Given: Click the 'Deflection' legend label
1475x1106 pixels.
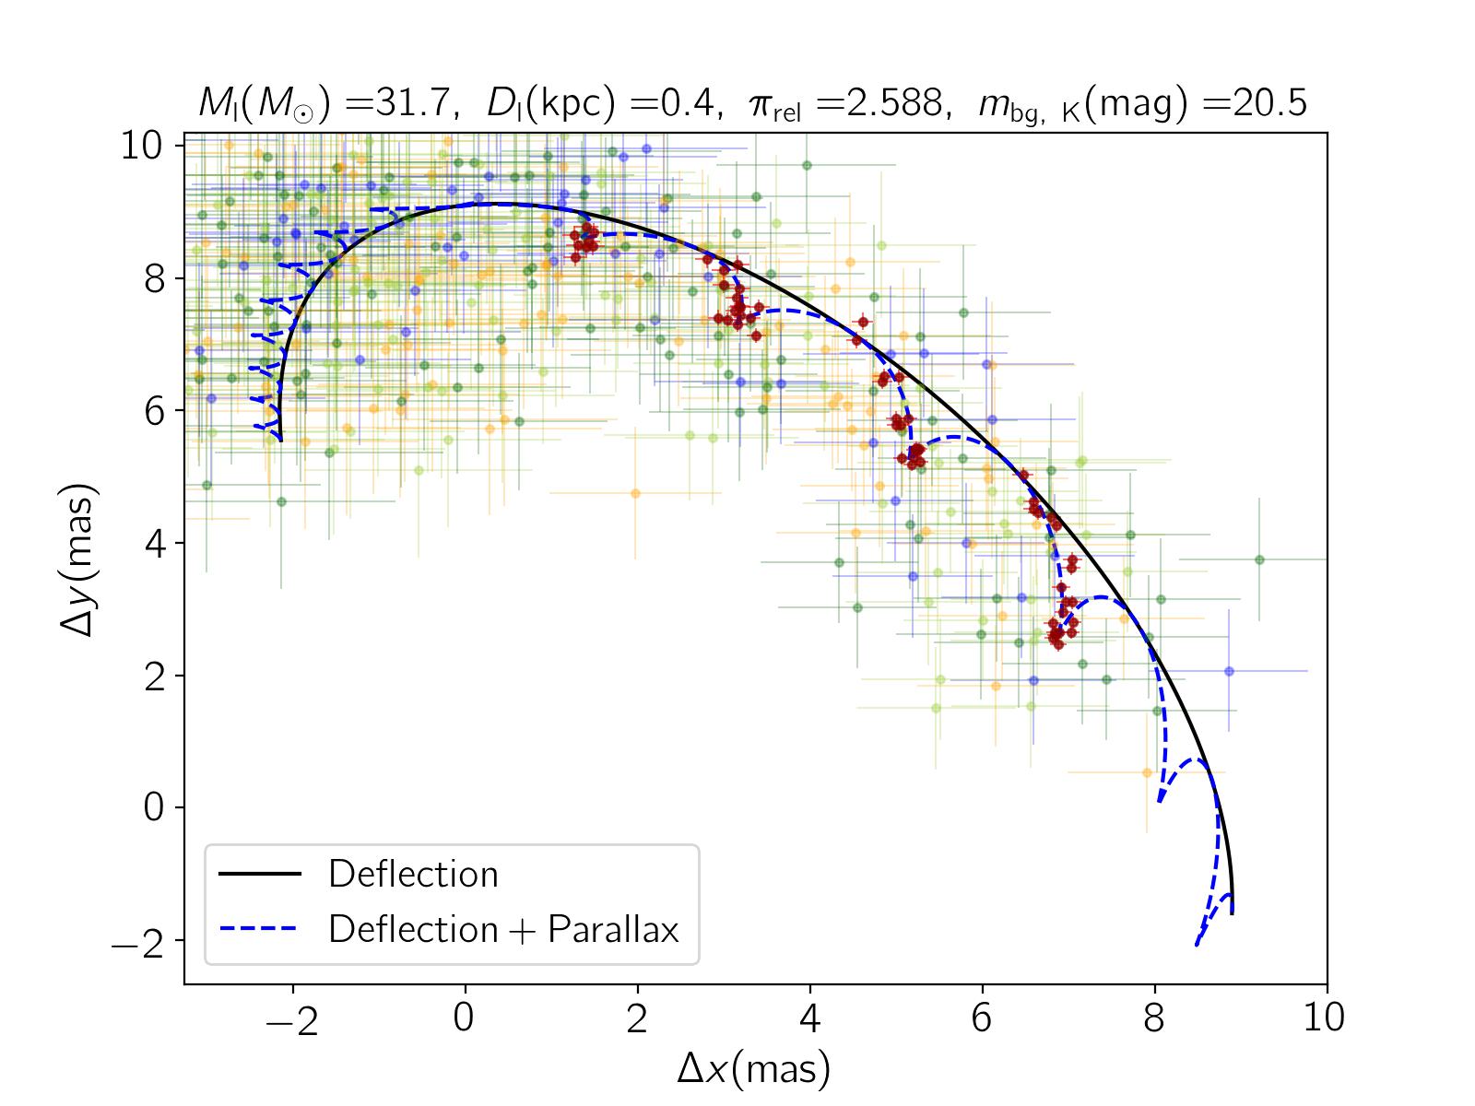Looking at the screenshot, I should point(412,874).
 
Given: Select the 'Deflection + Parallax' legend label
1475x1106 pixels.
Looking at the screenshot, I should point(503,929).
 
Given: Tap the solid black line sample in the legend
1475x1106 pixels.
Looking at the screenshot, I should point(260,874).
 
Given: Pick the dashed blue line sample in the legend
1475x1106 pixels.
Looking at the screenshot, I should point(260,929).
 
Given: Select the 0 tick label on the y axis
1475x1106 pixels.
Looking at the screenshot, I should point(153,808).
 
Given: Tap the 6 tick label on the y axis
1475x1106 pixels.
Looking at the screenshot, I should point(153,411).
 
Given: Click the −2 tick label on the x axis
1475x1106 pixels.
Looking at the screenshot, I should point(293,1019).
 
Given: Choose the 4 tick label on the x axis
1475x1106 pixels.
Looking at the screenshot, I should point(810,1019).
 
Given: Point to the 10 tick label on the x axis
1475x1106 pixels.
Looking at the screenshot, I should point(1327,1019).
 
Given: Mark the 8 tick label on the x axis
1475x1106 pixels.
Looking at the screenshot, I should point(1155,1019).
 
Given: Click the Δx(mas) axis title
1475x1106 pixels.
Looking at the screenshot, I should point(754,1069).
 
